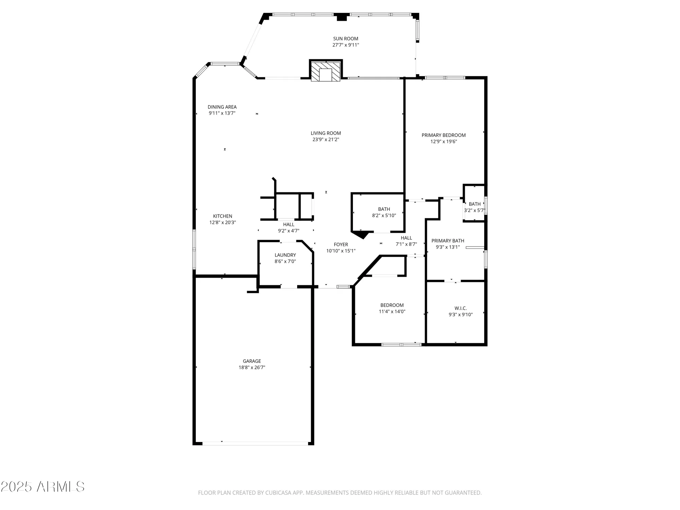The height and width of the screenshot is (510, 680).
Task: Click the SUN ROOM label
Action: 345,39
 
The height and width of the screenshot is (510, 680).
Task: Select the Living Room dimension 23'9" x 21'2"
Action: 326,139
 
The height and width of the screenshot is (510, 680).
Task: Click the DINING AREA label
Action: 222,107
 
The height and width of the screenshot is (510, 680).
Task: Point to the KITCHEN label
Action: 222,216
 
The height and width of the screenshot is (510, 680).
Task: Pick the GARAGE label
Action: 252,361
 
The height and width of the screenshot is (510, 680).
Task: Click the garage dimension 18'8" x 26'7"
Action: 252,368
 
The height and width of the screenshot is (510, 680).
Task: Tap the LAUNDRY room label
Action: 285,255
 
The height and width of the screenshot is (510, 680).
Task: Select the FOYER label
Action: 341,244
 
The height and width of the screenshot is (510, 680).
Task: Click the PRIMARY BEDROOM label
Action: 443,135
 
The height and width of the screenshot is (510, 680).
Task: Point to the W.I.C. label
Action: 460,308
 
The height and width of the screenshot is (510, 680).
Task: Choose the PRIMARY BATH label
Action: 447,241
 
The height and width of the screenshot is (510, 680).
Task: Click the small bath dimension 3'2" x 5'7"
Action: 474,210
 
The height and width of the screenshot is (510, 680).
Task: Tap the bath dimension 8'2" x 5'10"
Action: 384,216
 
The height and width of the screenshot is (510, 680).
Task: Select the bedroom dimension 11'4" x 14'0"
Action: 392,311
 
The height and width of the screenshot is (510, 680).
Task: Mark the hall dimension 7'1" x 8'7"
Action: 406,244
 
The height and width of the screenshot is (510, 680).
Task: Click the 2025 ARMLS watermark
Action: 42,487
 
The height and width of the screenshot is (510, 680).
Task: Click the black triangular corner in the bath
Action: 361,234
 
